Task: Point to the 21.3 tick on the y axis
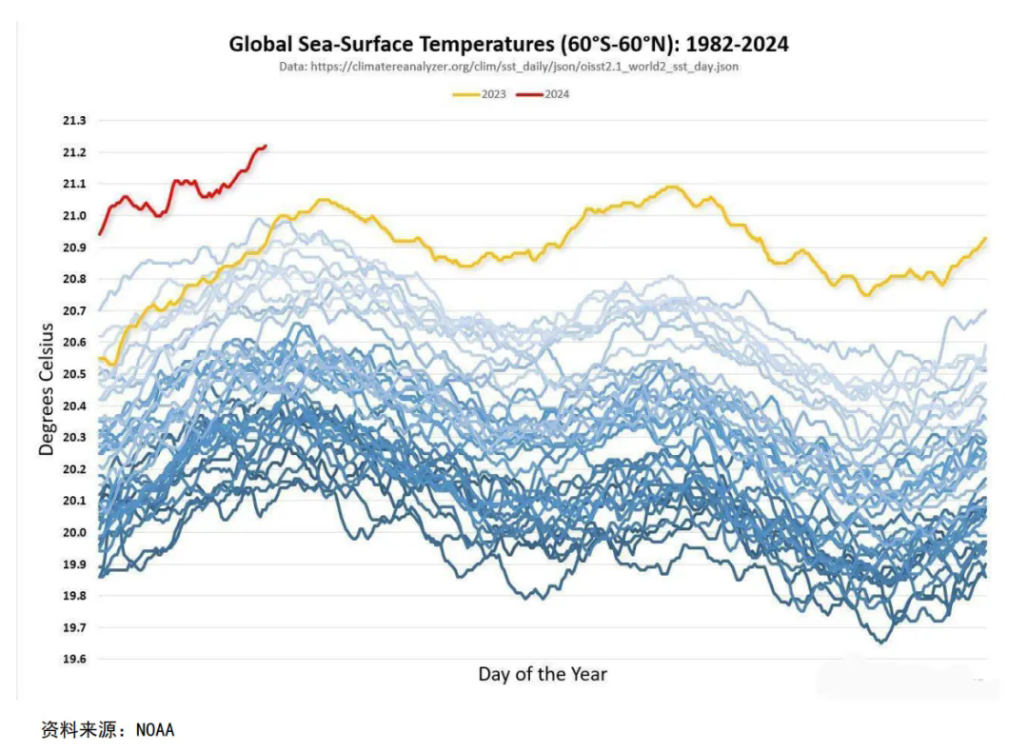click(x=73, y=121)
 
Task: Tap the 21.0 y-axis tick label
click(x=73, y=215)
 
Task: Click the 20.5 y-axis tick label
click(x=73, y=374)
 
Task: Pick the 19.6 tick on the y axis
click(x=73, y=659)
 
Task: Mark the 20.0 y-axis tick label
click(x=73, y=532)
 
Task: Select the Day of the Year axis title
click(x=542, y=674)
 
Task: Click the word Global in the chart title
click(x=261, y=44)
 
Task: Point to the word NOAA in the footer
click(x=155, y=730)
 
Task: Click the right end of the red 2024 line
click(x=266, y=146)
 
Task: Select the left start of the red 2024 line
click(x=100, y=233)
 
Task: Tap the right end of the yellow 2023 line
click(x=984, y=238)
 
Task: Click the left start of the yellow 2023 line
click(x=100, y=358)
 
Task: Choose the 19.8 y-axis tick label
click(x=73, y=596)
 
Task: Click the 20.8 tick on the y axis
click(x=73, y=279)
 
